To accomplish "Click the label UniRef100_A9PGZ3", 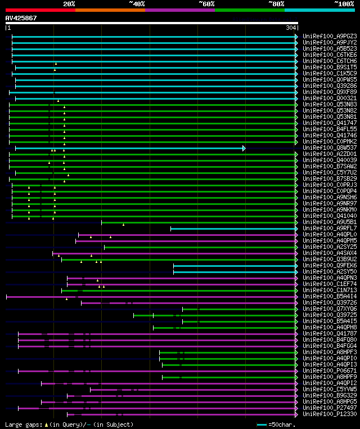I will click(x=329, y=37).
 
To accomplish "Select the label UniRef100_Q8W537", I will click(x=329, y=148).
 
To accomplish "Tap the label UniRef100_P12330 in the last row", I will click(x=329, y=414).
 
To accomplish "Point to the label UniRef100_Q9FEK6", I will click(x=329, y=266).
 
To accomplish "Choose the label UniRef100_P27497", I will click(x=329, y=408).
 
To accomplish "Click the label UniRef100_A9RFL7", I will click(x=329, y=229).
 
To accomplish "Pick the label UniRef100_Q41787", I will click(x=329, y=334).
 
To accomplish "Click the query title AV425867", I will click(x=21, y=19).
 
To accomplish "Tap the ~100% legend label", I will click(x=344, y=4).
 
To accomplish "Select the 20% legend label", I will click(x=69, y=4).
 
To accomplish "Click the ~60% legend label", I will click(x=206, y=4).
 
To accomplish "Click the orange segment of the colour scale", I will click(x=110, y=10).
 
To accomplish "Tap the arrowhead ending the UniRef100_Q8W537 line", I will click(x=244, y=148).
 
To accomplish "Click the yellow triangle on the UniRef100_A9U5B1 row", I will click(x=123, y=225).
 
